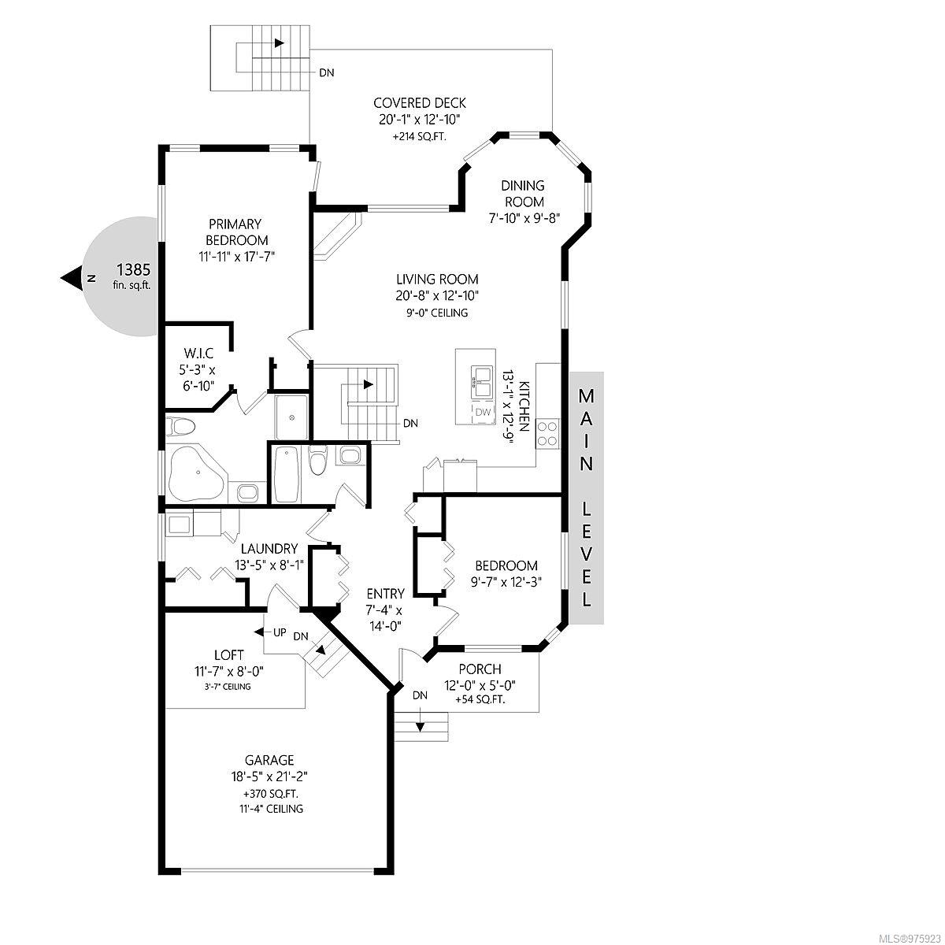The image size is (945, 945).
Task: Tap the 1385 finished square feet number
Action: [x=133, y=270]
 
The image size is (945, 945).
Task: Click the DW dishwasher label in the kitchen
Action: [x=483, y=412]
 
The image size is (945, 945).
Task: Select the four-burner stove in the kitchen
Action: [x=547, y=433]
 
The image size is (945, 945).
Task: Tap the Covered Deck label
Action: [x=419, y=103]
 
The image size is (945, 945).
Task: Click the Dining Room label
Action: [x=524, y=194]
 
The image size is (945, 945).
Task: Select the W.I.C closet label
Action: [x=198, y=353]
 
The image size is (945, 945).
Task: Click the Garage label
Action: [x=269, y=761]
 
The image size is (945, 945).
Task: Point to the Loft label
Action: [x=228, y=655]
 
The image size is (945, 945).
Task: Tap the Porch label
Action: [x=480, y=669]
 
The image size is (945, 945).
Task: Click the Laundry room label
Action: [x=269, y=548]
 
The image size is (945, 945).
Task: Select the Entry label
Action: [x=385, y=594]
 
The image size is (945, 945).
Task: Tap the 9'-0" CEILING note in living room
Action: [x=437, y=313]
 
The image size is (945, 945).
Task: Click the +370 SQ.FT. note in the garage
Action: [x=270, y=794]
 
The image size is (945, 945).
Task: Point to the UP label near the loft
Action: [x=280, y=632]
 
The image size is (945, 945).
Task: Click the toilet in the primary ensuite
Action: [x=180, y=427]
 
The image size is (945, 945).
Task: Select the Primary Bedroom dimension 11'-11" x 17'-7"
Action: [x=237, y=257]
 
